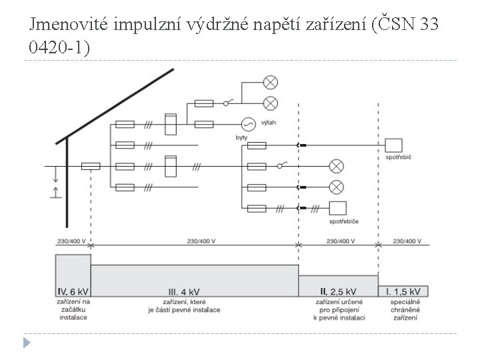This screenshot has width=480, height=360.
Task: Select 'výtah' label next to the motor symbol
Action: pos(270,123)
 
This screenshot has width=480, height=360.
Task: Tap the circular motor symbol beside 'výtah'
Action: pos(247,124)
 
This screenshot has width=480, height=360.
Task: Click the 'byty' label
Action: pos(241,137)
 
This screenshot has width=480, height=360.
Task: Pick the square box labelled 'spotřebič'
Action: pos(394,145)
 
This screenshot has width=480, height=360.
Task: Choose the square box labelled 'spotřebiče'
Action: pos(339,208)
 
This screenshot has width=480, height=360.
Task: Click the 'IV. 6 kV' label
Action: pos(72,291)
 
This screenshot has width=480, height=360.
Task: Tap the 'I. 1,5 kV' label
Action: pos(402,291)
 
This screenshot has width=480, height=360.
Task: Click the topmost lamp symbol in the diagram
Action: pos(271,83)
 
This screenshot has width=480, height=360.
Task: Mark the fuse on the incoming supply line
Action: pos(91,166)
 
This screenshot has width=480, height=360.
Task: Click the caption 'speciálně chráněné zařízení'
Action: pos(403,309)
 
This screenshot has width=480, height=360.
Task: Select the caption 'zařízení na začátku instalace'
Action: pos(72,309)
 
